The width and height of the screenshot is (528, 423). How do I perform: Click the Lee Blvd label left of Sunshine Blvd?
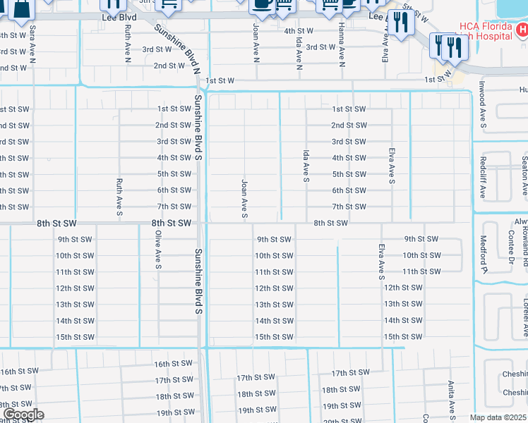119,17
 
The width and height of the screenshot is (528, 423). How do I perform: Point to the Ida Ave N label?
299,54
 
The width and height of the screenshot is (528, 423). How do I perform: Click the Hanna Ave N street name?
341,48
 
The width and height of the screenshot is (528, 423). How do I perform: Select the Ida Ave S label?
306,166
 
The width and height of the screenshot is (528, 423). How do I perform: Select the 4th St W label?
299,31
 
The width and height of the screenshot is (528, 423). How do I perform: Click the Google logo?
23,415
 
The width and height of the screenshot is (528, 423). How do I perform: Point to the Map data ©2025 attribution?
497,417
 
